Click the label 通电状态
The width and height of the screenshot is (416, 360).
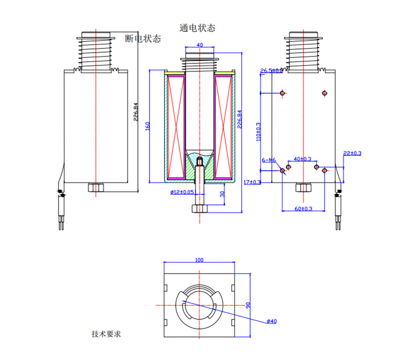click(x=198, y=28)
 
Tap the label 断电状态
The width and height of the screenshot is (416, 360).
click(x=143, y=39)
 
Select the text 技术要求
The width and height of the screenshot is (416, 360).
click(x=106, y=334)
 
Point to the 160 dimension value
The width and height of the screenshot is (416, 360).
click(x=147, y=126)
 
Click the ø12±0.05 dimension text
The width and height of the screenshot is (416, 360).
click(x=182, y=192)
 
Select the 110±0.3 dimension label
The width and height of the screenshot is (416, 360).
click(x=258, y=132)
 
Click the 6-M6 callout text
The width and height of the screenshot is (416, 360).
click(x=268, y=160)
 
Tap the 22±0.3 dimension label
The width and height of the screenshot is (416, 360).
click(x=352, y=153)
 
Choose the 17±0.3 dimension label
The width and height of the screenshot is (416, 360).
click(x=253, y=182)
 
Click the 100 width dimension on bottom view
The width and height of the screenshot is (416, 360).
click(x=199, y=260)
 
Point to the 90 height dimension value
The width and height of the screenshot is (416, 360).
click(x=248, y=305)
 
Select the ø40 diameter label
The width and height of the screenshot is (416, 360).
click(x=271, y=321)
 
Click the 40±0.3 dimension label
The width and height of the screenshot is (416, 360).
click(x=302, y=159)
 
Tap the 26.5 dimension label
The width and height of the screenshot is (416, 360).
click(x=271, y=71)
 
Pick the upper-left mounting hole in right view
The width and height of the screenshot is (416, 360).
click(x=282, y=93)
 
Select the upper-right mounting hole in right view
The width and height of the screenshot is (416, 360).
click(x=324, y=93)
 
